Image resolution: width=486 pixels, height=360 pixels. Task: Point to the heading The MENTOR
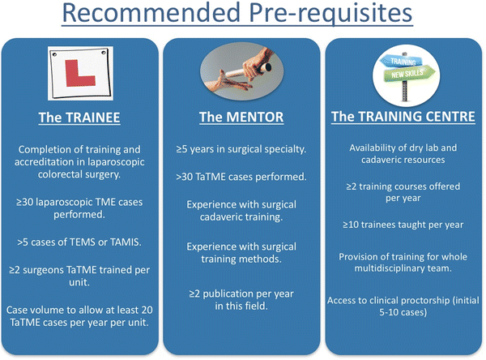click(241, 118)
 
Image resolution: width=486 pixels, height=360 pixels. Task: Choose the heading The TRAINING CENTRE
click(403, 118)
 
